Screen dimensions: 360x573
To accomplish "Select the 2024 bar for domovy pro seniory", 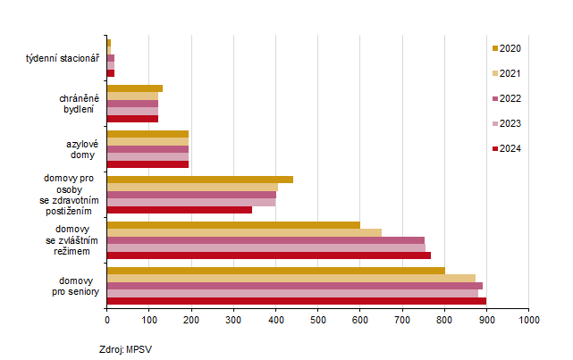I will click(297, 301).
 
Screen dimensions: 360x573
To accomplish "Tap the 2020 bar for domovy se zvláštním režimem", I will click(233, 225).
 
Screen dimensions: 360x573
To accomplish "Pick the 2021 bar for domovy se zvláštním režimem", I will click(244, 232).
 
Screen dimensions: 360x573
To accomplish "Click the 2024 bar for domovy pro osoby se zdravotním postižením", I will click(180, 210).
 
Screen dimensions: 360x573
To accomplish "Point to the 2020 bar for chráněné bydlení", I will click(135, 88).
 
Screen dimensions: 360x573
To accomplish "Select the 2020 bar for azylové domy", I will click(147, 134).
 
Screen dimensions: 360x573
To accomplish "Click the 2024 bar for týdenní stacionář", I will click(111, 72).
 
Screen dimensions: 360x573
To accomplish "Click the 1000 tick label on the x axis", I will click(528, 318).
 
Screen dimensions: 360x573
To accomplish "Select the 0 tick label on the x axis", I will click(107, 318).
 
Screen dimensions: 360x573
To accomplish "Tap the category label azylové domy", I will click(81, 149).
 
